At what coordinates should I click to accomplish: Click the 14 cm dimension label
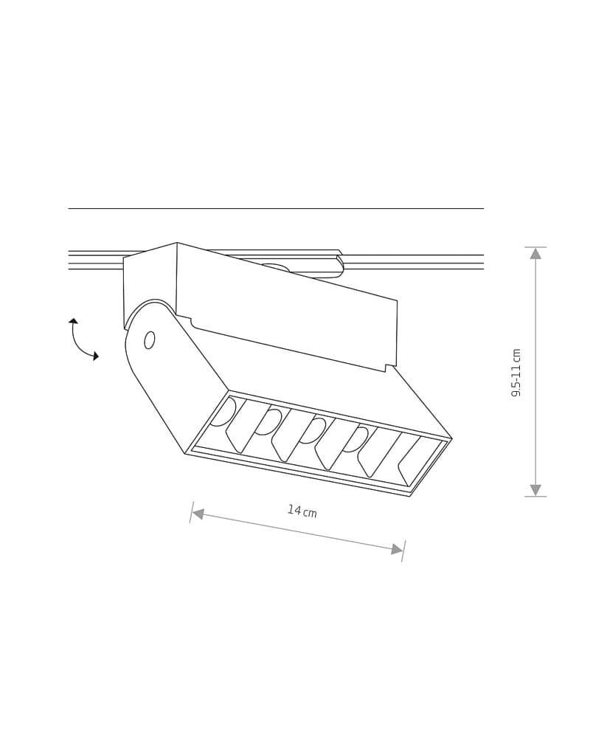point(302,511)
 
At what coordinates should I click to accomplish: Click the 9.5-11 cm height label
point(516,373)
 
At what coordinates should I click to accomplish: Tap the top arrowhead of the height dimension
point(535,254)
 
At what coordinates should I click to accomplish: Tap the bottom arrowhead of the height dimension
point(535,490)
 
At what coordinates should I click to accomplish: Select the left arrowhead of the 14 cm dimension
point(198,514)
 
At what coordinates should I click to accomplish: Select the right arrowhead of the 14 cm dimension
point(398,549)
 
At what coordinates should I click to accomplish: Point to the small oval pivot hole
point(150,340)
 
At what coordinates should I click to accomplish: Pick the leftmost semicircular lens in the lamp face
point(223,412)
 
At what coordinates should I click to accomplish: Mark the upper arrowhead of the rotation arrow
point(73,321)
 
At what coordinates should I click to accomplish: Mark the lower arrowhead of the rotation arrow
point(95,356)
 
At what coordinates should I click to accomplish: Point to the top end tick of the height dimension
point(535,247)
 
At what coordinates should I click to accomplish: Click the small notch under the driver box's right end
point(386,368)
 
